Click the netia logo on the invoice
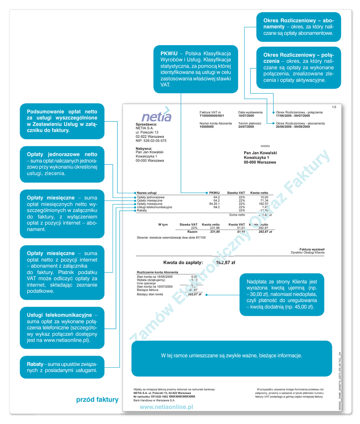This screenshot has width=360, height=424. pos(156,116)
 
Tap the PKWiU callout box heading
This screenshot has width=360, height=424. pos(169,54)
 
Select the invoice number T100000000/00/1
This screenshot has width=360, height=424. pos(212,116)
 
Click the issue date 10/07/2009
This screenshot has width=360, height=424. pos(246,116)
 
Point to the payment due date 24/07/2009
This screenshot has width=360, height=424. pos(246,127)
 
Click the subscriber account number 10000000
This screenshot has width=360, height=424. pos(207,127)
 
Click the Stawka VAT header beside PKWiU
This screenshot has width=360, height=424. pos(236,193)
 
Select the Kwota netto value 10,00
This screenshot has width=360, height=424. pos(264,198)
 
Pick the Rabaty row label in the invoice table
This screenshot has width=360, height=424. pos(142,210)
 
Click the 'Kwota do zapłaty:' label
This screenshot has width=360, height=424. pos(183,263)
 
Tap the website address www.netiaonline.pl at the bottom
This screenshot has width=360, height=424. pos(166,407)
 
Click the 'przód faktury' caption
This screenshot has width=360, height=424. pos(97,400)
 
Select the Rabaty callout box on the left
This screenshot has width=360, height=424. pos(62,367)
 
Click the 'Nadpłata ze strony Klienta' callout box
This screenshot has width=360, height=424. pos(281,294)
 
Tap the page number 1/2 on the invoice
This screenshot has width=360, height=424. pos(334,108)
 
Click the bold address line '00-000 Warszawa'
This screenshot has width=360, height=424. pos(260,162)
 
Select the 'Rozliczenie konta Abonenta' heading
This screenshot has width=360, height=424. pos(158,272)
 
